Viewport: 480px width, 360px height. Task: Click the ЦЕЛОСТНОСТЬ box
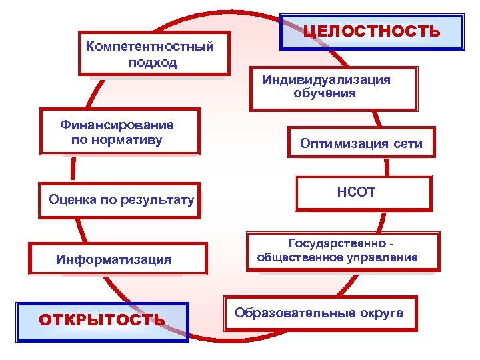click(x=371, y=31)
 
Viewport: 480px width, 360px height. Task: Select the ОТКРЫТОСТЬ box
click(x=103, y=321)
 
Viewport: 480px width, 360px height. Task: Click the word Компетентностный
click(x=150, y=47)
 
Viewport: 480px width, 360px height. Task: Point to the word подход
click(x=153, y=63)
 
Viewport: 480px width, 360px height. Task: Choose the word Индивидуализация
click(x=326, y=80)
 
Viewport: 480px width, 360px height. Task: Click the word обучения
click(x=325, y=94)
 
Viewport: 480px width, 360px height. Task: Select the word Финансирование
click(x=117, y=125)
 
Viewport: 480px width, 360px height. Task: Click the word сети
click(x=407, y=144)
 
